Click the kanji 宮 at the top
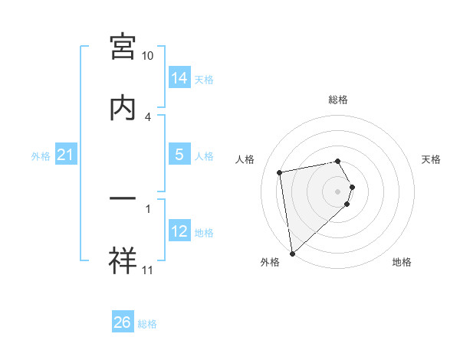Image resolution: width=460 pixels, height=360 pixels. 123,47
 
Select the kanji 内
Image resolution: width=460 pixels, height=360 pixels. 123,107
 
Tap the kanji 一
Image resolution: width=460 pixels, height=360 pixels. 123,198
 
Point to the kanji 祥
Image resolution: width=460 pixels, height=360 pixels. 123,259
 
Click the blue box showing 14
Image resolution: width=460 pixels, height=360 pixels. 179,78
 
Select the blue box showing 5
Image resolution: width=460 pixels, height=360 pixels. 179,154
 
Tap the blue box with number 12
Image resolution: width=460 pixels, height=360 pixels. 179,231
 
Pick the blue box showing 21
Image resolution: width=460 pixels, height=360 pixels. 66,155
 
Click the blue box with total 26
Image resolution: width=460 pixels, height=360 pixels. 123,322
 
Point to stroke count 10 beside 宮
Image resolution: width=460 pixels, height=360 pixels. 148,56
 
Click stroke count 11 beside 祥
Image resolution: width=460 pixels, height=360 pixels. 148,270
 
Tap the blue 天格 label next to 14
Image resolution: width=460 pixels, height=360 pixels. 204,79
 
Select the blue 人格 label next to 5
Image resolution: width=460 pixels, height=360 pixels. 204,155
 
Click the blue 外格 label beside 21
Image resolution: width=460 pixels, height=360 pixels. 41,156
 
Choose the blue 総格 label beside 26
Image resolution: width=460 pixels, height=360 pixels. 147,324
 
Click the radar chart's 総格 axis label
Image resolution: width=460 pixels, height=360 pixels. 338,100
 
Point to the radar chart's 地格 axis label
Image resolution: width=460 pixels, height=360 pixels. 402,262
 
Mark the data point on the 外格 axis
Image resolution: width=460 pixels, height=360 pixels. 292,253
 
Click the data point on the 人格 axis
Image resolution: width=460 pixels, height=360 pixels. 280,172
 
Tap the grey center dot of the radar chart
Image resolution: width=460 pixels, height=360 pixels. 338,190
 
